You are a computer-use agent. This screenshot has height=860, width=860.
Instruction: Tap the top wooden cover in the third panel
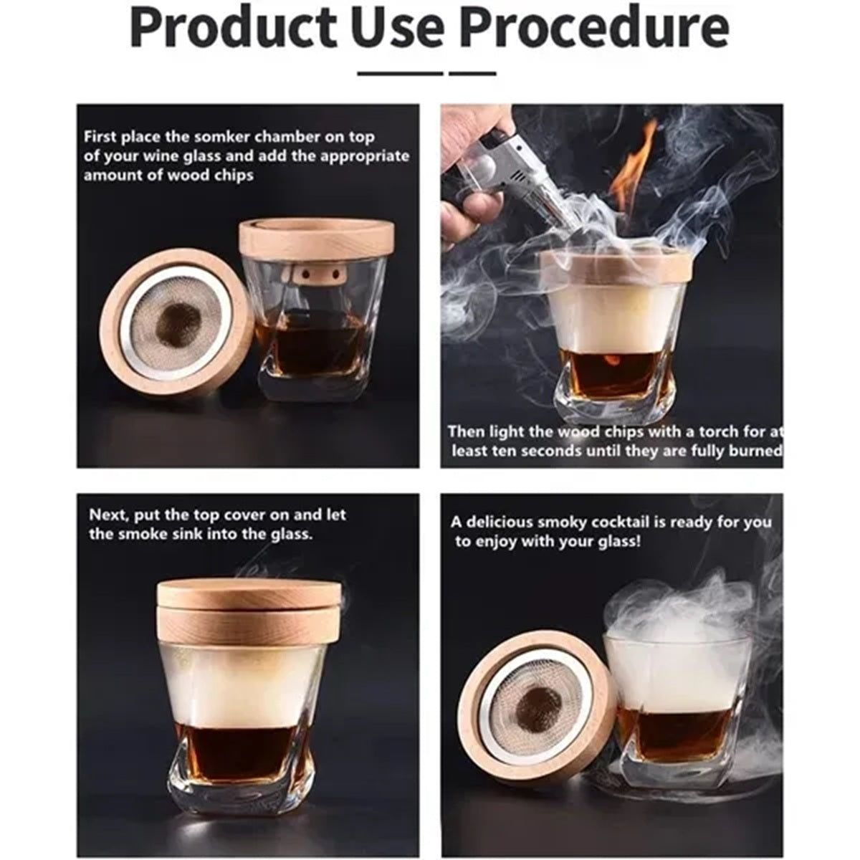click(x=250, y=590)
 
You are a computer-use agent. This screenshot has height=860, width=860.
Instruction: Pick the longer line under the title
click(x=401, y=74)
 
